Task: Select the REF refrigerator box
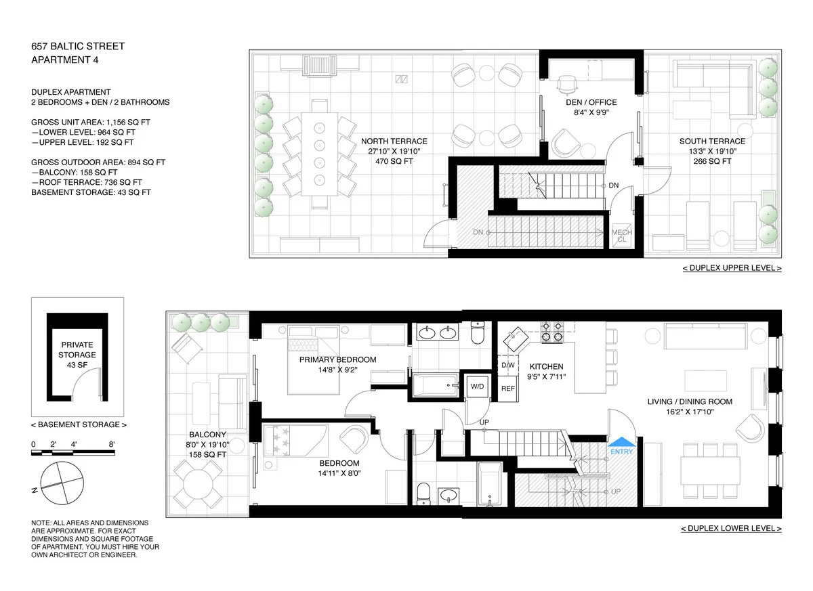507,389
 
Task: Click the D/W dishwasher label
507,366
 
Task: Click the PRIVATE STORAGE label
77,350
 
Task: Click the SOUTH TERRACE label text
712,141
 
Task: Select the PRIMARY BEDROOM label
337,359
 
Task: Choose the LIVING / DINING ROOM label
690,401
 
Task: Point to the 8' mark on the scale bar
112,444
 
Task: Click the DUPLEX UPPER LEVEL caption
731,268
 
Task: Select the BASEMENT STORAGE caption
79,424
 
